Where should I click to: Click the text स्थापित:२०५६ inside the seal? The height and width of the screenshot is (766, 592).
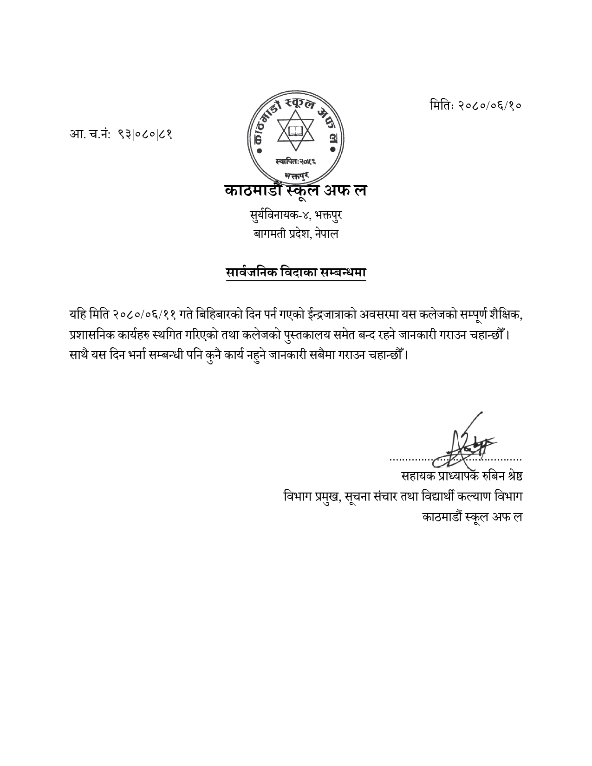pyautogui.click(x=295, y=161)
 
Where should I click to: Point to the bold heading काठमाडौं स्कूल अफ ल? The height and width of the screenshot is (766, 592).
pyautogui.click(x=295, y=191)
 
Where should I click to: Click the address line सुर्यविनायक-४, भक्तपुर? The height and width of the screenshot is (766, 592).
pyautogui.click(x=296, y=216)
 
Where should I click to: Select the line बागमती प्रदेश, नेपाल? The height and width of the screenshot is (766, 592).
pyautogui.click(x=296, y=234)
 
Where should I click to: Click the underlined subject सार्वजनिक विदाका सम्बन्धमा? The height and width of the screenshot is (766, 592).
pyautogui.click(x=296, y=273)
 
